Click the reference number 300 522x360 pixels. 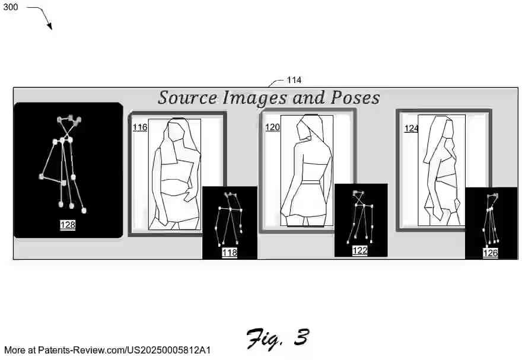point(10,7)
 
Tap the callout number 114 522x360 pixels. point(294,80)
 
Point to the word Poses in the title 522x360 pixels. point(354,97)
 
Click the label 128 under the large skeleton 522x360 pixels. point(68,225)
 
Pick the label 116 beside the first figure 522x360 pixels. point(139,128)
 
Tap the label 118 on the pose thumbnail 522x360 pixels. point(230,253)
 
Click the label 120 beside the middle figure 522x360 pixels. point(272,127)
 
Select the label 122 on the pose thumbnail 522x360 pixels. point(360,251)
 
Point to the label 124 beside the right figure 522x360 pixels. point(411,128)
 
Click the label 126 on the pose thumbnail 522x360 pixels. point(490,253)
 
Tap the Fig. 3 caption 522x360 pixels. point(278,338)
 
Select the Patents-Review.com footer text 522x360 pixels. point(107,350)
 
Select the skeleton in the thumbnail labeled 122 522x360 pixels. point(360,215)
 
